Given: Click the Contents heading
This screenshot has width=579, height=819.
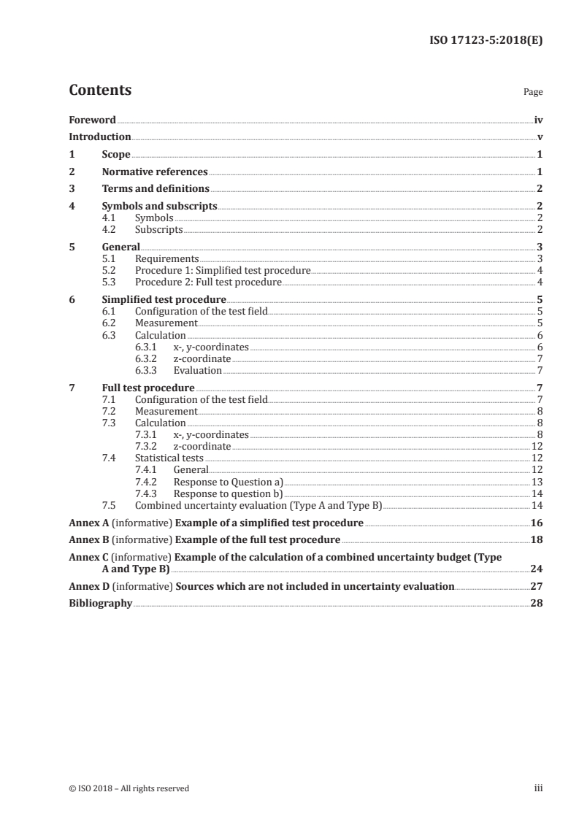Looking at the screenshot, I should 100,91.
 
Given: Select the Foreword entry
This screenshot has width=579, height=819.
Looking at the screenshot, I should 92,120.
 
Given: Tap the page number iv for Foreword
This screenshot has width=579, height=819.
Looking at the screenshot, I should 538,120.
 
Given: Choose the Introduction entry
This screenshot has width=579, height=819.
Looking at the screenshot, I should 99,136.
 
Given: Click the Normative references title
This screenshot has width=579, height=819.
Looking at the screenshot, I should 155,172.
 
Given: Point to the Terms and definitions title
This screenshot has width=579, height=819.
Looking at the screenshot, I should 156,188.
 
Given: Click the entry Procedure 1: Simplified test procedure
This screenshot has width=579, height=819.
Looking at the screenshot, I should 223,270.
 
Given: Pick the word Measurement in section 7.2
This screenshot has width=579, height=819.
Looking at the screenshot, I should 166,411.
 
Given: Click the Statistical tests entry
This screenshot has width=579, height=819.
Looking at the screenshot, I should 169,458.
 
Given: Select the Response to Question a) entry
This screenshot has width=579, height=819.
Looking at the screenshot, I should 228,481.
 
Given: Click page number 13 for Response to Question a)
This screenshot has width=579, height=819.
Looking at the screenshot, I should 537,481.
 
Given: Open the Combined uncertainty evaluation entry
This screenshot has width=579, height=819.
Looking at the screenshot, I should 258,504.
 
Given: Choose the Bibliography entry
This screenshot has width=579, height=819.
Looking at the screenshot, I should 100,603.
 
